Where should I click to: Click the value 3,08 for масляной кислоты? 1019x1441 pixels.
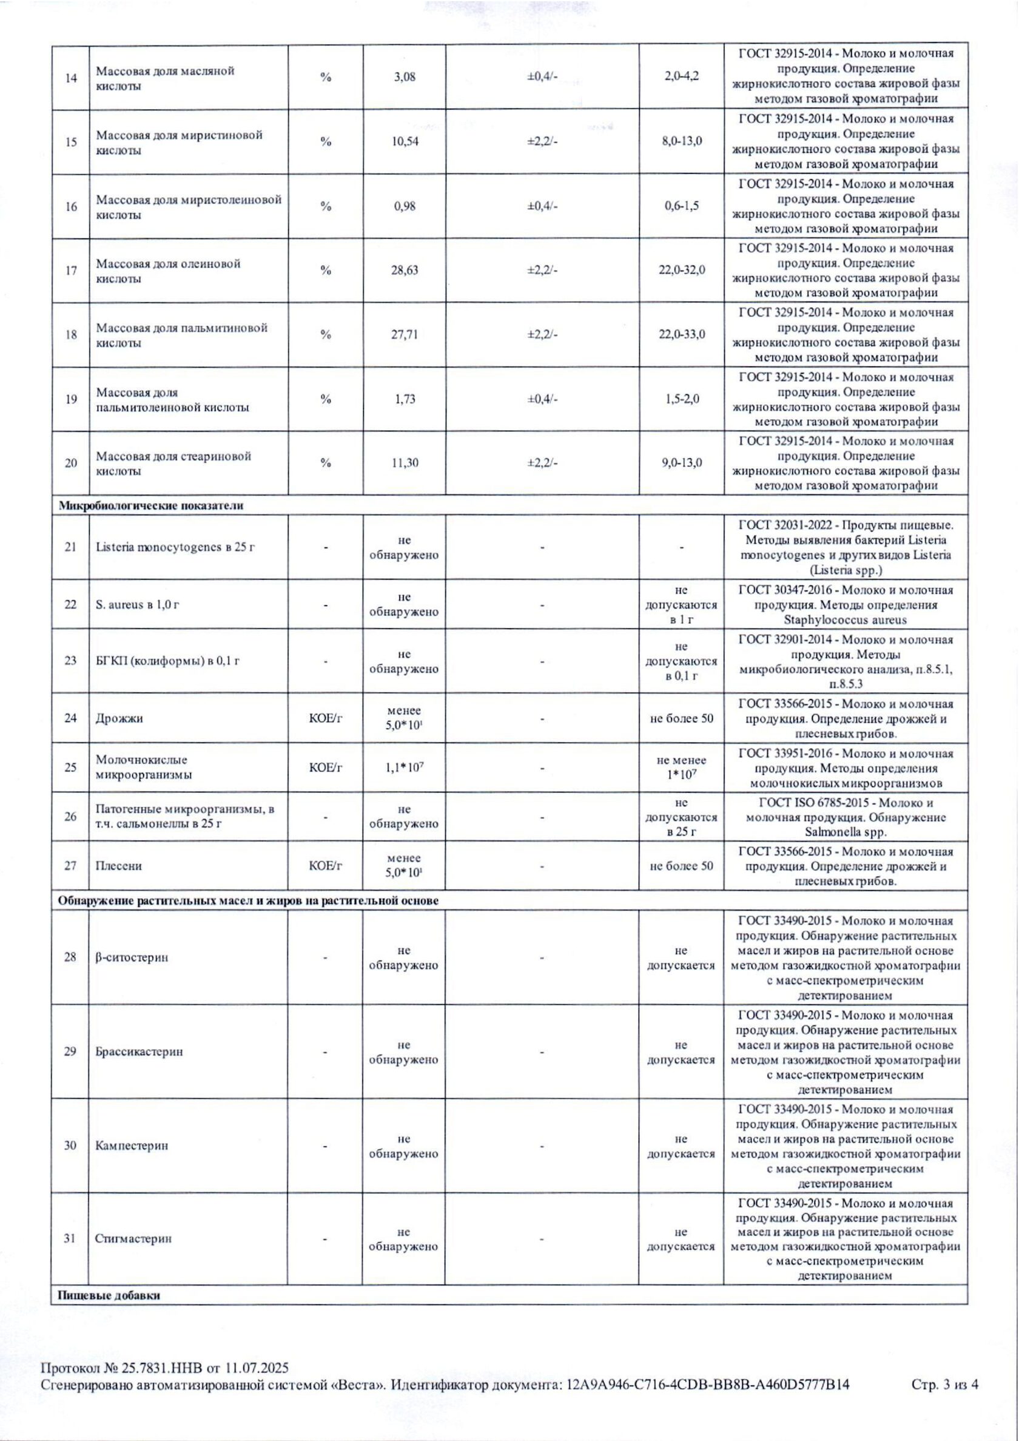tap(405, 78)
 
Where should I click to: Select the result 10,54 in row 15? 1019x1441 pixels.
tap(405, 142)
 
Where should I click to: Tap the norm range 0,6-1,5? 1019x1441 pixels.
tap(681, 206)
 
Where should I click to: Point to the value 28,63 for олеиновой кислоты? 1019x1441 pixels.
tap(405, 271)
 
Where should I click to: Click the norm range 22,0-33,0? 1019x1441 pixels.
tap(681, 334)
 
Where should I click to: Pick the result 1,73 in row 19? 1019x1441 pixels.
tap(405, 399)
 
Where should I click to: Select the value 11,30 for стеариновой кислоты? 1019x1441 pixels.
tap(405, 463)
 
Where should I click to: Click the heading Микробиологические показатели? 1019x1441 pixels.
tap(150, 506)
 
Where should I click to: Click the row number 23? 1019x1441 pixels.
tap(70, 661)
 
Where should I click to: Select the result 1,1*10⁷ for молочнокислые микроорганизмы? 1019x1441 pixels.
tap(405, 768)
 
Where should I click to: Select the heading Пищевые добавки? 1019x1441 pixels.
tap(109, 1295)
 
